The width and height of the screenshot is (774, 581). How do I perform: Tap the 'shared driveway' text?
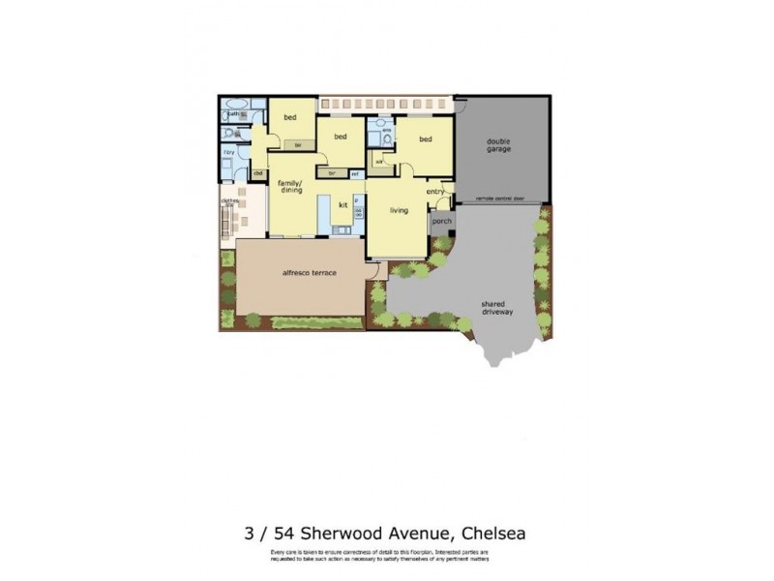(x=497, y=307)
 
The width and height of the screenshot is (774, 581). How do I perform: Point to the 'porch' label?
(x=441, y=221)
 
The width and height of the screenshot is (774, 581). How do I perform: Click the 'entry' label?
(x=434, y=191)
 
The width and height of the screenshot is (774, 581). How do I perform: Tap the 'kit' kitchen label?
(x=342, y=204)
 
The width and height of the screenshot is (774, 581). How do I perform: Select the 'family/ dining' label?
(x=290, y=187)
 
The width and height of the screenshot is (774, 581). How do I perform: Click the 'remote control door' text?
(x=500, y=198)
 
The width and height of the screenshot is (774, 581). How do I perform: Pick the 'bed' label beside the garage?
(x=425, y=139)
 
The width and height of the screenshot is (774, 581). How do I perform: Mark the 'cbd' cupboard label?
(x=258, y=173)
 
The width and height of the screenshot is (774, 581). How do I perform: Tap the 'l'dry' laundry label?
(x=229, y=153)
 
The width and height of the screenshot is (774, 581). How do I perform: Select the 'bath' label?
(x=234, y=113)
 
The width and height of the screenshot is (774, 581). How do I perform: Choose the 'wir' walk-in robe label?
(x=379, y=161)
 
